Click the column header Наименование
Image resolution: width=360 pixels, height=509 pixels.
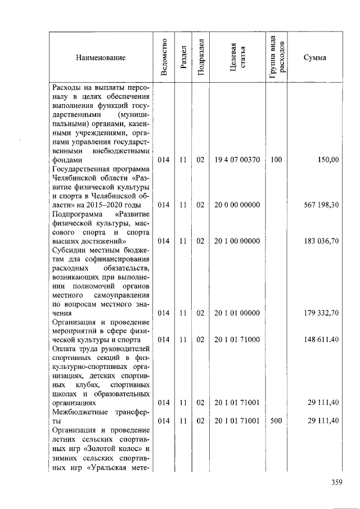pyautogui.click(x=98, y=57)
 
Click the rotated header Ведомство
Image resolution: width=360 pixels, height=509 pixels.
pyautogui.click(x=163, y=57)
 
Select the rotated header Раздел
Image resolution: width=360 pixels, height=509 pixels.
pyautogui.click(x=183, y=57)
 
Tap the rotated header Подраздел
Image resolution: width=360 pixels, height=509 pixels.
pyautogui.click(x=200, y=57)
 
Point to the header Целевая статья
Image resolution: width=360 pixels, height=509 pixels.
pyautogui.click(x=237, y=57)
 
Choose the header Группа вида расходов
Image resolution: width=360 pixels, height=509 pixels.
pyautogui.click(x=276, y=57)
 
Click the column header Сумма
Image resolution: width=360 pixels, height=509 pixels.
pyautogui.click(x=315, y=57)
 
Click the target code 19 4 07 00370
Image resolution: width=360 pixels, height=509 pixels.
pyautogui.click(x=237, y=160)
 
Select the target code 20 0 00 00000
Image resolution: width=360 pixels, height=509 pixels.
pyautogui.click(x=237, y=205)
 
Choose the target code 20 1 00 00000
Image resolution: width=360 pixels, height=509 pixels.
pyautogui.click(x=237, y=241)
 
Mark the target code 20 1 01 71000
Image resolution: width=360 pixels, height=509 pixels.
pyautogui.click(x=237, y=340)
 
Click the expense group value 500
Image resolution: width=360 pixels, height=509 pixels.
pyautogui.click(x=276, y=421)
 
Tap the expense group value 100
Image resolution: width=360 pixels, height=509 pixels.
pyautogui.click(x=276, y=160)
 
